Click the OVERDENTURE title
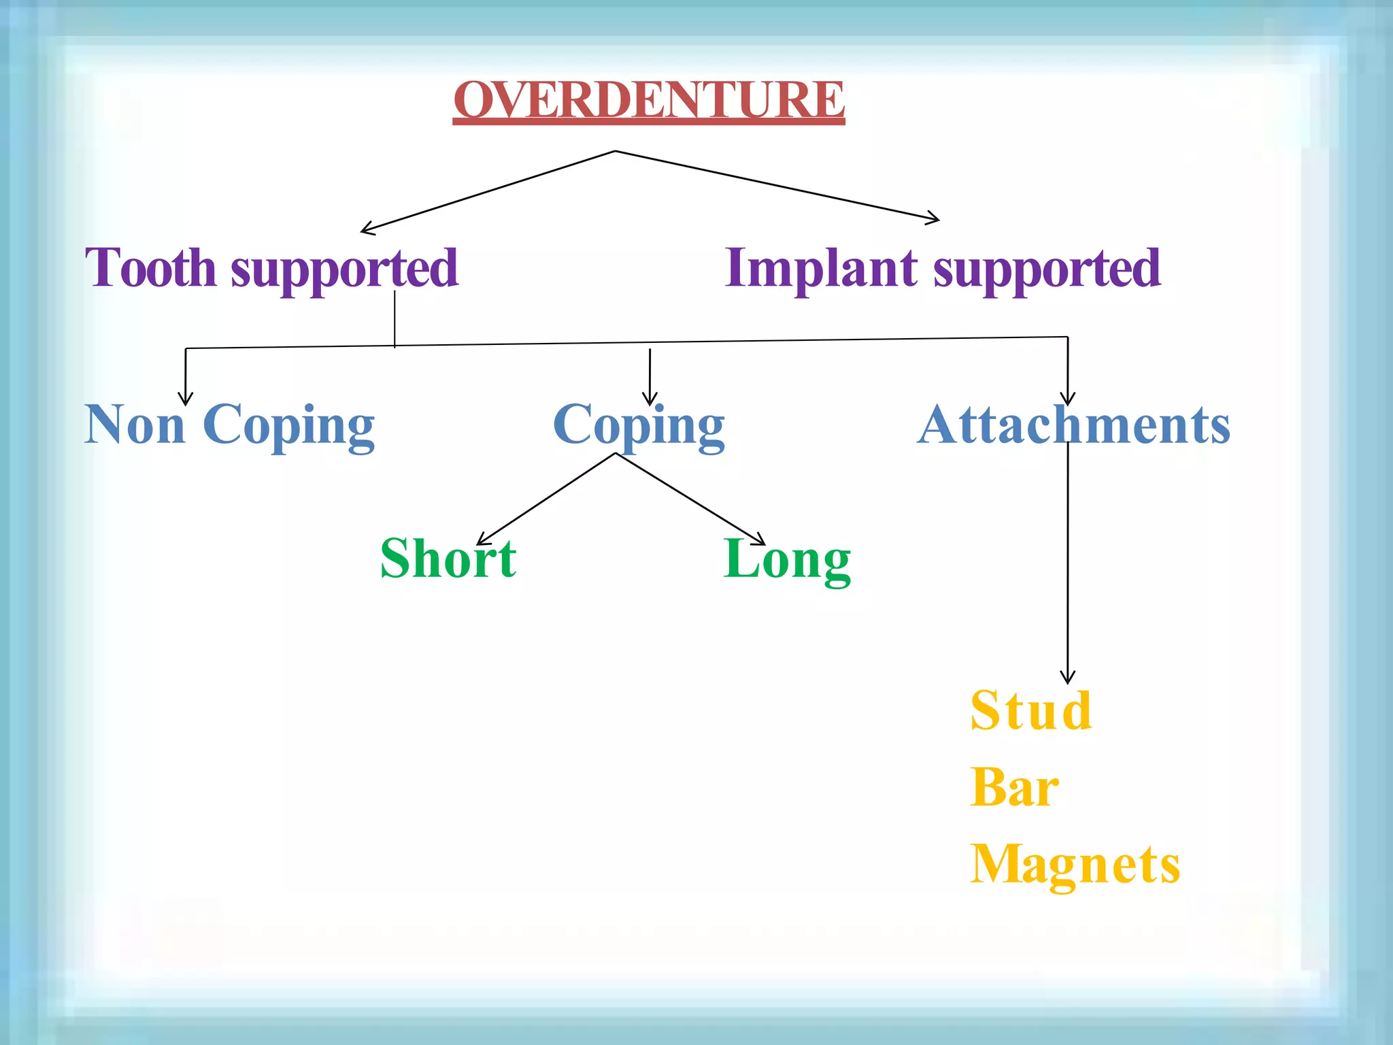click(649, 100)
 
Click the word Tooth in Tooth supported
click(150, 268)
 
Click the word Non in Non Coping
click(135, 425)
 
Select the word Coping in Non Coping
click(288, 426)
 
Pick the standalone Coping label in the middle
click(639, 426)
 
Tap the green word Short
click(448, 559)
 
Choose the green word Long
click(787, 560)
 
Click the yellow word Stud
click(1030, 711)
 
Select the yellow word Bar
click(1014, 787)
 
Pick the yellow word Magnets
click(1075, 865)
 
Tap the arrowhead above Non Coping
click(185, 399)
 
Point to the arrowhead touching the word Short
click(482, 540)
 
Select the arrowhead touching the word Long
click(759, 541)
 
